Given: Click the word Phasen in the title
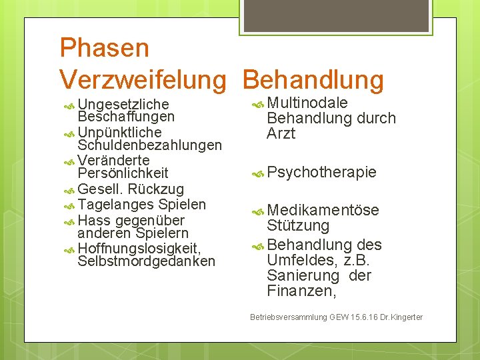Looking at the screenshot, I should point(104,48).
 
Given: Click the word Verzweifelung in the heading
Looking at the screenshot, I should point(143,80).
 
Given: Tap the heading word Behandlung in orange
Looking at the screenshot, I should point(313,80).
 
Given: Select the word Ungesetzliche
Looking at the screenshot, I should point(123,105).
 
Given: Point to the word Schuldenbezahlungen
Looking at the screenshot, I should point(149,145).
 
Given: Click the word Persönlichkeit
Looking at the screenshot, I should point(123,173).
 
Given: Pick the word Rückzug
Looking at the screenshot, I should point(158,189).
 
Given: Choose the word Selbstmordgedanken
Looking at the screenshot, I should point(146,261).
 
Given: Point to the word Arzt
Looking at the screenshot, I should point(281,134).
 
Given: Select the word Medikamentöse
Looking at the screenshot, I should point(323,211).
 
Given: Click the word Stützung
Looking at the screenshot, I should point(298,227).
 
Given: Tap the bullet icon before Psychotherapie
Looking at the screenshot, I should point(258,174).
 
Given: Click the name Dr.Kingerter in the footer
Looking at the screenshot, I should point(400,317).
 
